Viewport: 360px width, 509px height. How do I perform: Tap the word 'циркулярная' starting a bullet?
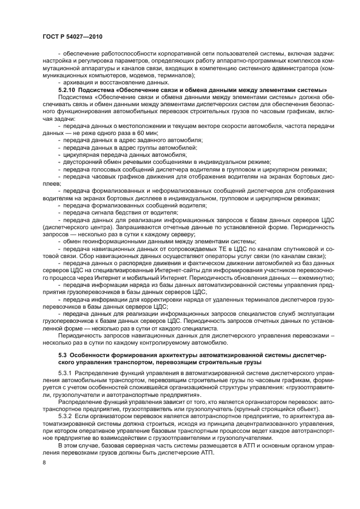coord(82,154)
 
